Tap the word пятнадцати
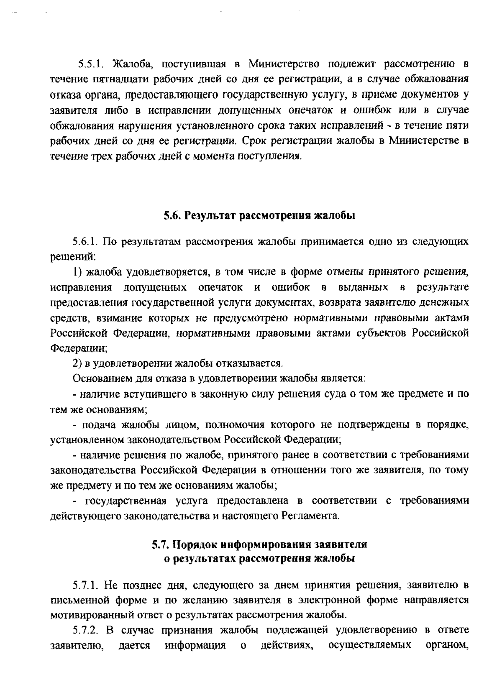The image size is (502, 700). click(106, 79)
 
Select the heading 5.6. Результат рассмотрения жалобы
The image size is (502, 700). click(259, 216)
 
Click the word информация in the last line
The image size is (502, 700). click(195, 645)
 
